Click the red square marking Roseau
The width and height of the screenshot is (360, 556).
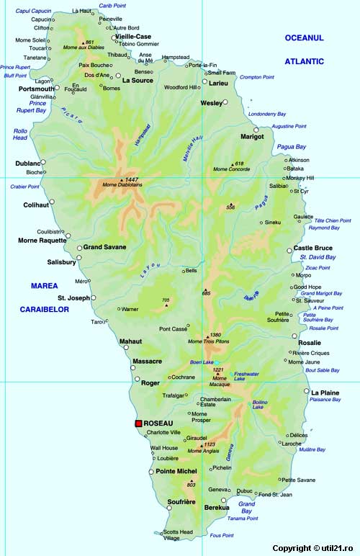tap(139, 423)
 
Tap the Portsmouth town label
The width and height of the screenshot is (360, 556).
tap(36, 89)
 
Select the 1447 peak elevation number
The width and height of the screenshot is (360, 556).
tap(131, 179)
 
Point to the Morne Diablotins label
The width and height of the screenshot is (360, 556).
tap(122, 186)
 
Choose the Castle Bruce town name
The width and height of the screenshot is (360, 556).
tap(313, 248)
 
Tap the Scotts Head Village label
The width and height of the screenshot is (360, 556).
tap(178, 535)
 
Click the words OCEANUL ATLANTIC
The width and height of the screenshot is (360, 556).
tap(304, 49)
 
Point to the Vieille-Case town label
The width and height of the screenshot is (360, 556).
tap(133, 36)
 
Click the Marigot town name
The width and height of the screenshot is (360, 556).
tap(252, 136)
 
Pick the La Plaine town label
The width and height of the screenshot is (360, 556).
tap(325, 392)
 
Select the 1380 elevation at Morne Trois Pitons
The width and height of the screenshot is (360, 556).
tap(215, 335)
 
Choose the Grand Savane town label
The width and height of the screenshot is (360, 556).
tap(104, 247)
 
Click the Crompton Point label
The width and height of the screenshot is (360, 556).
tap(257, 77)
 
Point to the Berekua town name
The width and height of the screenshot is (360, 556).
tap(217, 508)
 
